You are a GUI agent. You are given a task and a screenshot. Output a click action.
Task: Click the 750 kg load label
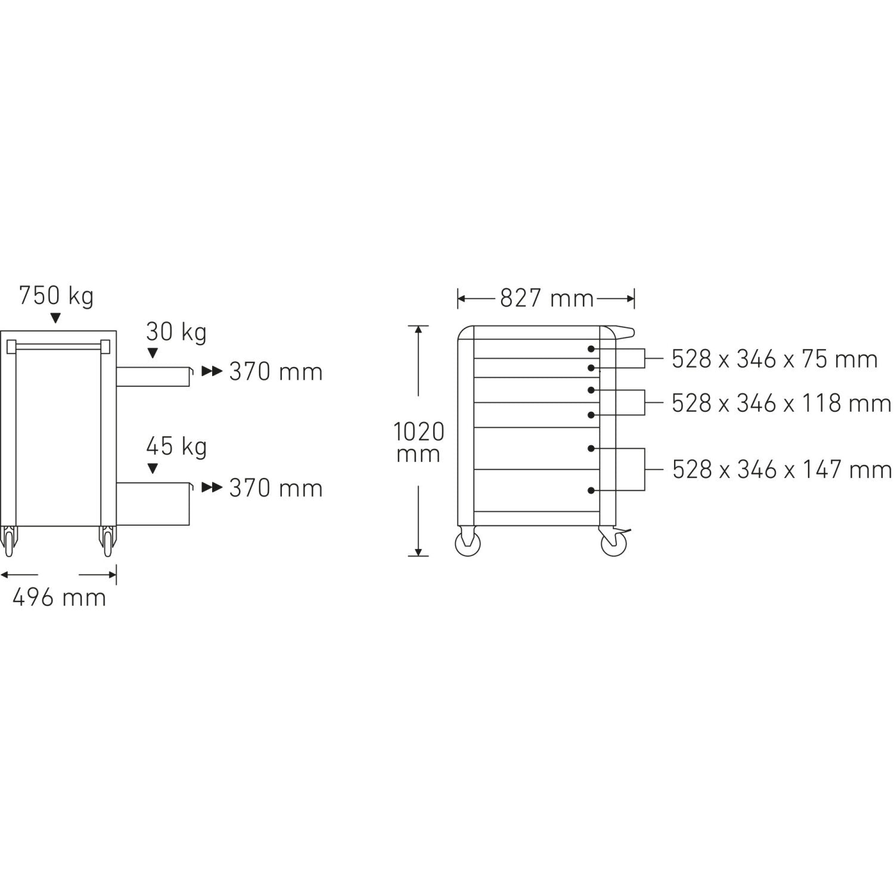(56, 296)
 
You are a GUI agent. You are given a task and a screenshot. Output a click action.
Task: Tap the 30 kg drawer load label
(176, 332)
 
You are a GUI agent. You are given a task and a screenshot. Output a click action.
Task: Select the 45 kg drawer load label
(176, 446)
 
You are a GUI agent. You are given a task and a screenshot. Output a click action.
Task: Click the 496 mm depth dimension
(59, 597)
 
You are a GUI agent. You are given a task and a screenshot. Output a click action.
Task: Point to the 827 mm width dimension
(547, 298)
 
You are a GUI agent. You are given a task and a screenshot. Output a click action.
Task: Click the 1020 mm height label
(418, 442)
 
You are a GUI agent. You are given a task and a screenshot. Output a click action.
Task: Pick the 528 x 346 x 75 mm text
(775, 359)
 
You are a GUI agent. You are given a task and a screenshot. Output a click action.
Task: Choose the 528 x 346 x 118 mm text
(781, 403)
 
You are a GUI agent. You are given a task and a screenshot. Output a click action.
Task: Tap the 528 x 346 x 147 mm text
(781, 470)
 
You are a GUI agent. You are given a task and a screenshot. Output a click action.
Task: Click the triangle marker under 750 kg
(56, 318)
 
